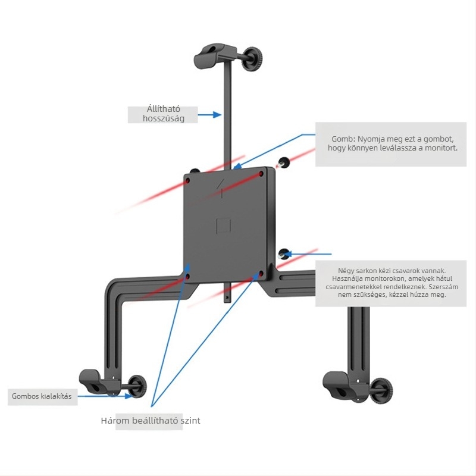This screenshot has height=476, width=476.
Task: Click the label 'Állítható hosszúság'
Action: click(x=163, y=114)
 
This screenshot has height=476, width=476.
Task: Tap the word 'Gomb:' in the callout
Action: click(x=343, y=139)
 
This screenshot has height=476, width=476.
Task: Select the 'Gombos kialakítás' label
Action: click(x=42, y=396)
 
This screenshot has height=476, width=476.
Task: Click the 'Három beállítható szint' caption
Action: click(x=151, y=421)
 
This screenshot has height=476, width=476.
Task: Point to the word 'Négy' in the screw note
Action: click(x=345, y=271)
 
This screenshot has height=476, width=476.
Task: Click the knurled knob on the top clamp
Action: click(x=252, y=59)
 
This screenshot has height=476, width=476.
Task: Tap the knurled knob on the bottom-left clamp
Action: click(x=137, y=386)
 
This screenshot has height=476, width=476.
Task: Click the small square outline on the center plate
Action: click(x=224, y=226)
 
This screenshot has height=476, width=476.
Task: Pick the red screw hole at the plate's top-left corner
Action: click(x=187, y=181)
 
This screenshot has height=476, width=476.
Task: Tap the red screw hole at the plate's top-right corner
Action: click(x=261, y=174)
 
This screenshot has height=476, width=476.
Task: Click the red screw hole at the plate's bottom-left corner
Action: click(x=187, y=276)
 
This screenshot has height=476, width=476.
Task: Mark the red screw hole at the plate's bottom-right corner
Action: click(x=261, y=274)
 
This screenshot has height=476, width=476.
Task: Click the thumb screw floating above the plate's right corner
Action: click(x=284, y=162)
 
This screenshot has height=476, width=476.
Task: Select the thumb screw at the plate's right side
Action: click(x=284, y=254)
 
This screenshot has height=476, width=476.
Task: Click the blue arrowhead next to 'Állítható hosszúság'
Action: click(x=217, y=115)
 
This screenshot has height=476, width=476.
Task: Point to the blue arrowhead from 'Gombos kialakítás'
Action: click(x=129, y=396)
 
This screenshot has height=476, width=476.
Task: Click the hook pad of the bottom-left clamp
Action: click(x=91, y=381)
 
